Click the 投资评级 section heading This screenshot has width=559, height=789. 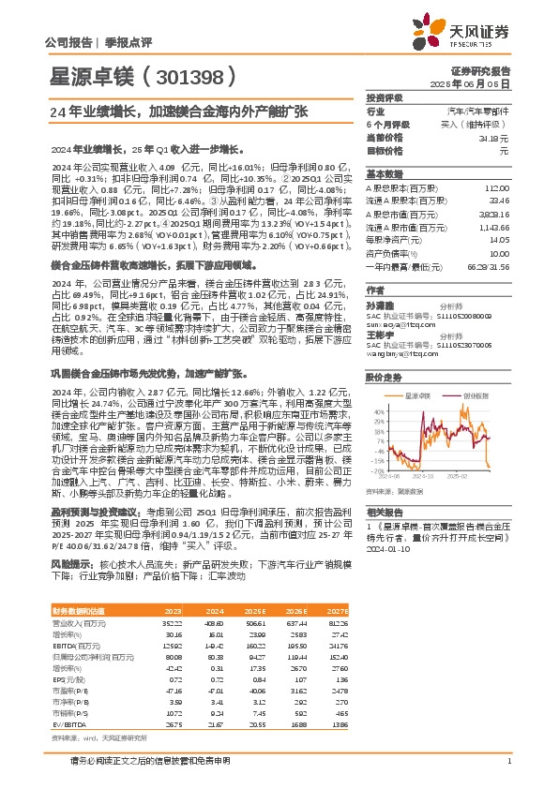(385, 97)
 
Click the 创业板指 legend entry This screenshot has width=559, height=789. (476, 395)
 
